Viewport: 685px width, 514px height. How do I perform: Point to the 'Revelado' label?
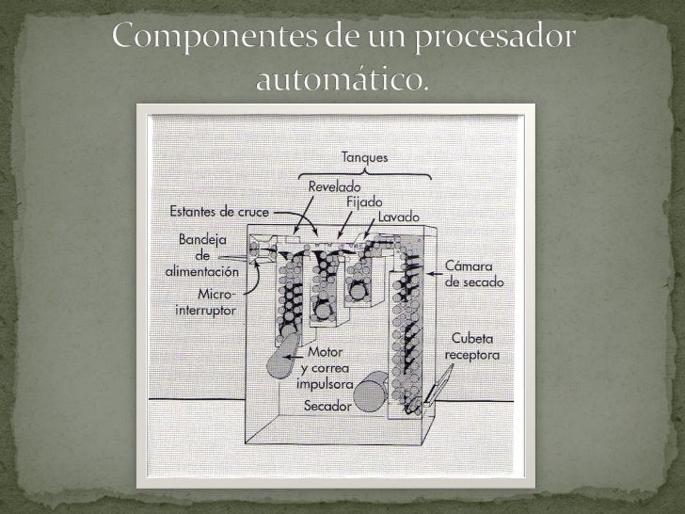335,187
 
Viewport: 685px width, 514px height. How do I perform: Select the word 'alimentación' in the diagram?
202,270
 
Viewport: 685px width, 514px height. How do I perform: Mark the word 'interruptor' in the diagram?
206,309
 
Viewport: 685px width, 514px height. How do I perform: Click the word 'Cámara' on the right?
474,266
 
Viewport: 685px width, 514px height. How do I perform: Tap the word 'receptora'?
475,355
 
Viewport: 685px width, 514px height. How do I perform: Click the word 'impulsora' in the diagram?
324,384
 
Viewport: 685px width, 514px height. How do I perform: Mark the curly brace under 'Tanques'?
364,173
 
